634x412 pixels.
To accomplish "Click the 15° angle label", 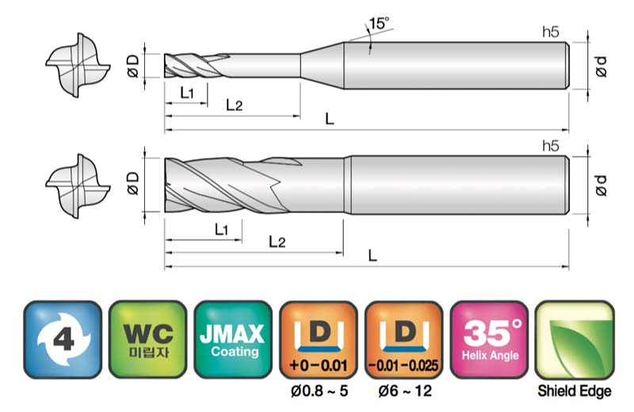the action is pyautogui.click(x=379, y=23).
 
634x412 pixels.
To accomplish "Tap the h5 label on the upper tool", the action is pyautogui.click(x=551, y=32).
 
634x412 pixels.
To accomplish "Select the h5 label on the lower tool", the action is pyautogui.click(x=551, y=146).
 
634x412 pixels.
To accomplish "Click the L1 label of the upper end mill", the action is pyautogui.click(x=187, y=93).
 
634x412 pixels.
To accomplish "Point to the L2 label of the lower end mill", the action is pyautogui.click(x=277, y=242).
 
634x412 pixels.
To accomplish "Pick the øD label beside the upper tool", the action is pyautogui.click(x=133, y=66).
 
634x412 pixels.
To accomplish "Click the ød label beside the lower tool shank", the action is pyautogui.click(x=602, y=185).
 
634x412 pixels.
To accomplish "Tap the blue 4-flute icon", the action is pyautogui.click(x=63, y=339).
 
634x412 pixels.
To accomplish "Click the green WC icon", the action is pyautogui.click(x=148, y=339).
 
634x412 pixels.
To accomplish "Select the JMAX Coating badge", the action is pyautogui.click(x=233, y=339).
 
